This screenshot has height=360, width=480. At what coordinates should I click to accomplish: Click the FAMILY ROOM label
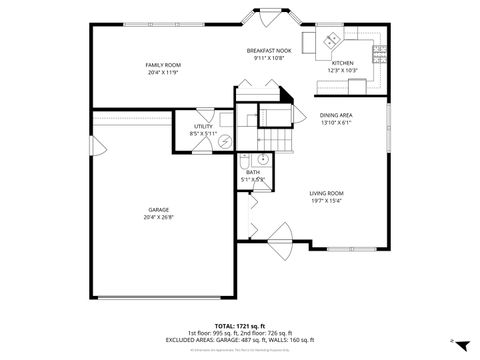163,65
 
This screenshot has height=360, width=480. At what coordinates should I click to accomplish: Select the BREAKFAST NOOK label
269,50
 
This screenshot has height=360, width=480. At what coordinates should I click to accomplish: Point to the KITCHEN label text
343,63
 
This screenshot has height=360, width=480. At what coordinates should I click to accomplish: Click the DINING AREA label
335,115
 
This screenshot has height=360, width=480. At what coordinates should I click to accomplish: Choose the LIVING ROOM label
326,192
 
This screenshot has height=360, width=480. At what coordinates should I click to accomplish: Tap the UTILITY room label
204,127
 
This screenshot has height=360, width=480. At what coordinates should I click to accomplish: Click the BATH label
254,172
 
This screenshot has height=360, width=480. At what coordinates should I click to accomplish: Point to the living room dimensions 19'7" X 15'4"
326,200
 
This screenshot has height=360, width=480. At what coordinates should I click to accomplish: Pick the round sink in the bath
262,159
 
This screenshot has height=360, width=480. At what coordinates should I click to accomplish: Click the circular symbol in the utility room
226,141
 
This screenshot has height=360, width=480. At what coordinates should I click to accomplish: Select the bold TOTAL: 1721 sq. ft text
239,326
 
